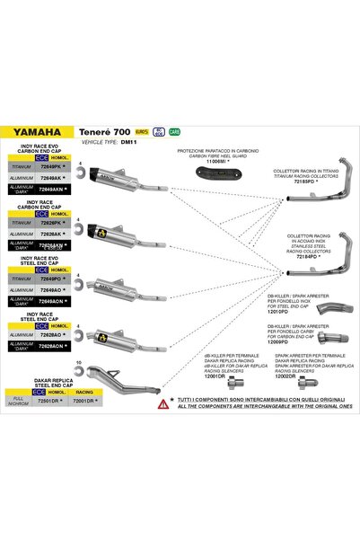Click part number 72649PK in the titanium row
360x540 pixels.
click(x=51, y=167)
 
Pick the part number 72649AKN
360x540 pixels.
click(x=52, y=190)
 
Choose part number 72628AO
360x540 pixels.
click(x=51, y=333)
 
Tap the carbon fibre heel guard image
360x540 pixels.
click(x=219, y=170)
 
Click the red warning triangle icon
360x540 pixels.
click(x=162, y=404)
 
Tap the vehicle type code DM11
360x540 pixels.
click(x=127, y=142)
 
